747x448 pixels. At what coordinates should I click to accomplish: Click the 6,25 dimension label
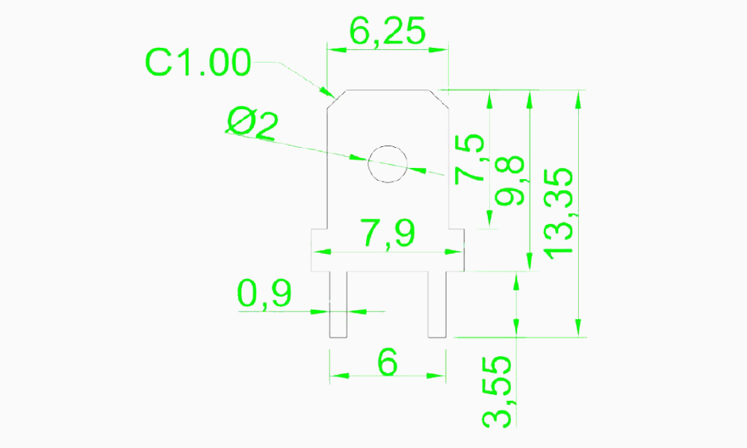tap(388, 31)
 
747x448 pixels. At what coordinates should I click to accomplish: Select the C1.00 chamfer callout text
tap(198, 63)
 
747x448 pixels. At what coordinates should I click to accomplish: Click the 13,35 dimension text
tap(558, 213)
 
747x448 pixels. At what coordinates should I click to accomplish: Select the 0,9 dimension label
tap(264, 294)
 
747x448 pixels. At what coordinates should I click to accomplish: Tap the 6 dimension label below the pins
tap(387, 363)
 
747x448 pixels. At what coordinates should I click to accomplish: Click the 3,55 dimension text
tap(497, 391)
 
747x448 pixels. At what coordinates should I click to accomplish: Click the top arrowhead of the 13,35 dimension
tap(577, 97)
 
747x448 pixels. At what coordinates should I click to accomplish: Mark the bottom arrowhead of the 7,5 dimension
tap(490, 219)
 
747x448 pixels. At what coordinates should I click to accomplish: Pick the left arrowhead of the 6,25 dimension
tap(333, 49)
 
